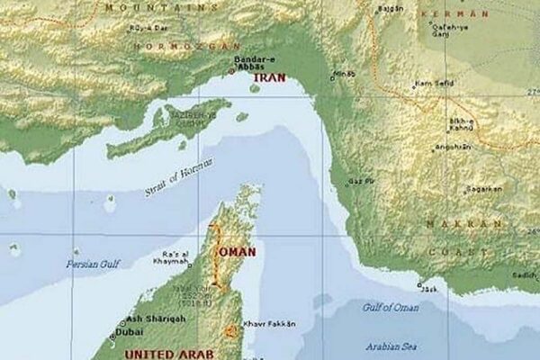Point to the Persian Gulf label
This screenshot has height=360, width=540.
[92, 264]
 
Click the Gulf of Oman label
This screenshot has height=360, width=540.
[390, 308]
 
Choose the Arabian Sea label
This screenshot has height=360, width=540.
[393, 346]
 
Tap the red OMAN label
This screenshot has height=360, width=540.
[238, 253]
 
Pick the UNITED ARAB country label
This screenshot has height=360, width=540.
[163, 354]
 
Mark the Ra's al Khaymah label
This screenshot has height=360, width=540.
[176, 259]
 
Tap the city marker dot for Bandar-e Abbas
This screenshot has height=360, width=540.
[231, 70]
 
